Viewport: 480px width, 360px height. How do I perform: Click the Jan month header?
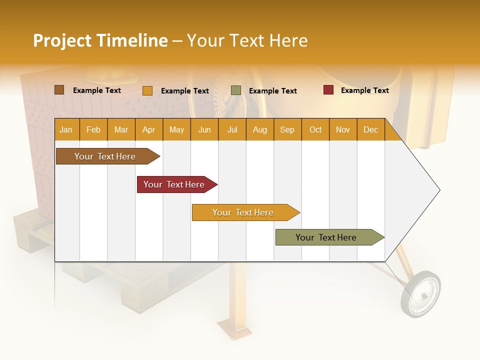(x=66, y=129)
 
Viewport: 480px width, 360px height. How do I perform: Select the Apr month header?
(x=149, y=129)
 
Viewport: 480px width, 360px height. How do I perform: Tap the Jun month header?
(x=204, y=129)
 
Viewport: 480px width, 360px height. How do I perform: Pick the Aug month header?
(x=260, y=129)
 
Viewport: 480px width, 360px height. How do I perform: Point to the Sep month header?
(x=287, y=129)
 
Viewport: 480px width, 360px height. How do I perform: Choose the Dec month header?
(x=370, y=129)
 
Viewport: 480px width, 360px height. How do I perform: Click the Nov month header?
(x=343, y=129)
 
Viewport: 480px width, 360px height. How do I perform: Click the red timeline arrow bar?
(x=175, y=184)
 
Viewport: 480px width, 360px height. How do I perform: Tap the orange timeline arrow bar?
(x=244, y=212)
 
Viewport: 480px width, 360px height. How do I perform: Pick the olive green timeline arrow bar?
(x=328, y=237)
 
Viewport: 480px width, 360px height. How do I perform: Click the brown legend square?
(x=59, y=90)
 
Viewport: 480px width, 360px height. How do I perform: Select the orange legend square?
(x=147, y=90)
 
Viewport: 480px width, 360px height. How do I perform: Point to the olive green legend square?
(x=236, y=90)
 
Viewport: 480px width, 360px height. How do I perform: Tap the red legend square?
(x=328, y=90)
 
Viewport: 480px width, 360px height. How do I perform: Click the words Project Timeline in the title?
(x=100, y=40)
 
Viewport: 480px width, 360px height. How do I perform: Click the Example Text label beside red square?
(x=364, y=90)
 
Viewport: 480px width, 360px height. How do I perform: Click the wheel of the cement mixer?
(x=421, y=294)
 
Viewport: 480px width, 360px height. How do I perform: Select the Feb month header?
(x=93, y=129)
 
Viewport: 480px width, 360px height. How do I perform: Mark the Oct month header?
(x=315, y=129)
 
